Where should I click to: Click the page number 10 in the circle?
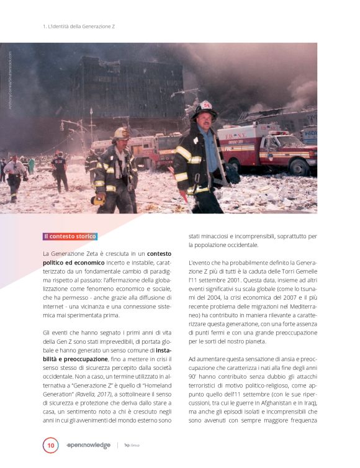pyautogui.click(x=50, y=446)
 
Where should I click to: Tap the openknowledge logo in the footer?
pyautogui.click(x=88, y=445)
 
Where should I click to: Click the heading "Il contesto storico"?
pyautogui.click(x=70, y=236)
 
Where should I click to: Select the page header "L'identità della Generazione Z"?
pyautogui.click(x=79, y=27)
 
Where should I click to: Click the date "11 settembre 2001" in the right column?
pyautogui.click(x=217, y=281)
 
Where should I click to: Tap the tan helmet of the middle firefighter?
pyautogui.click(x=121, y=133)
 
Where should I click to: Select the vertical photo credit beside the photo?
pyautogui.click(x=10, y=81)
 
